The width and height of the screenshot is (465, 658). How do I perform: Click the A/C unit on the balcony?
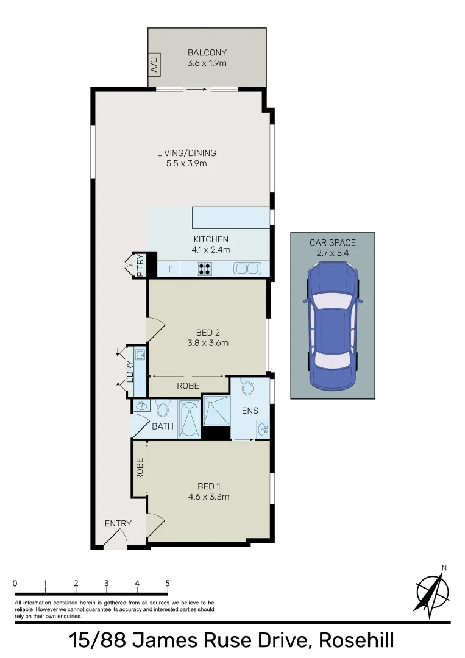click(x=154, y=65)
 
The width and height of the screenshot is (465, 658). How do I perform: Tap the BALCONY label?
click(x=207, y=53)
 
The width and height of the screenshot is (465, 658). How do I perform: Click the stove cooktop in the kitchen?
click(x=204, y=268)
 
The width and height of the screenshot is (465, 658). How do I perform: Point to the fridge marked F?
click(x=170, y=268)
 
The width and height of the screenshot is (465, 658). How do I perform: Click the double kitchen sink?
click(x=247, y=268)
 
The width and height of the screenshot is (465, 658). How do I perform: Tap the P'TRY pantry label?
click(x=140, y=266)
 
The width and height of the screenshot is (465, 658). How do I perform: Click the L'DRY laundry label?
click(x=129, y=373)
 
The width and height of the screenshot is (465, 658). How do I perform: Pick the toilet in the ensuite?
click(x=247, y=387)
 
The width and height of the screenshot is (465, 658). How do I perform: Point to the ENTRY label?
click(x=118, y=523)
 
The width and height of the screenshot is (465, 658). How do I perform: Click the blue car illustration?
click(x=332, y=325)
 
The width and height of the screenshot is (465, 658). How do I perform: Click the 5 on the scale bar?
click(x=168, y=583)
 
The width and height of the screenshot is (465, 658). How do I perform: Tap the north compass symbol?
click(x=432, y=590)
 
